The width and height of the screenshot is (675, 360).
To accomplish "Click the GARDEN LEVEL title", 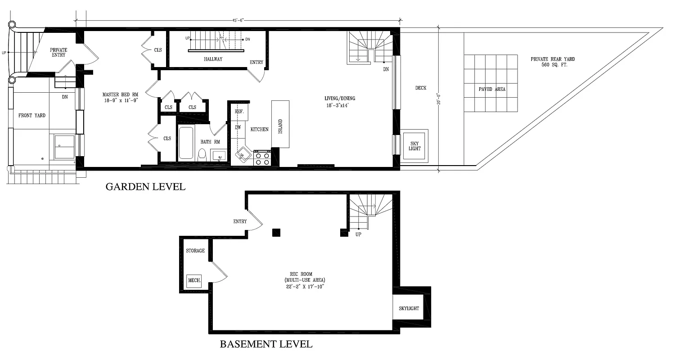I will [x=145, y=186].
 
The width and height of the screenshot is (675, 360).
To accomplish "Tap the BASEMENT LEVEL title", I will [x=266, y=344].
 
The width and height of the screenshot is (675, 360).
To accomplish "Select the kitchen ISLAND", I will [x=280, y=124].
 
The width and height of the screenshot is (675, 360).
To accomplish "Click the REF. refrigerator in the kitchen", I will [x=238, y=111].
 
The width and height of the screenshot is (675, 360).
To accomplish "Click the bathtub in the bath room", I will [x=186, y=143].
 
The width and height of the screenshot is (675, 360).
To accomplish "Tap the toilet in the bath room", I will [x=202, y=155].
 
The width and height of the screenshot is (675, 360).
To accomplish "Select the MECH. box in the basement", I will [x=194, y=281].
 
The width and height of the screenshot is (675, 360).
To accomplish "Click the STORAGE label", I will [x=195, y=251].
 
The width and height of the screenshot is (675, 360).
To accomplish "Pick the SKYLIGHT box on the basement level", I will [x=409, y=308].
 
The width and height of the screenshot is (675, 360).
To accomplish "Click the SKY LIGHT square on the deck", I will [x=414, y=146].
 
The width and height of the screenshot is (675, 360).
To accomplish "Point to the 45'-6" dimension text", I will [x=238, y=20].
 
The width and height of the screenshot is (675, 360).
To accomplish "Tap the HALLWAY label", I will [x=213, y=59].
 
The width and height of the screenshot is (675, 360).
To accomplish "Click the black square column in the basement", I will [x=276, y=232].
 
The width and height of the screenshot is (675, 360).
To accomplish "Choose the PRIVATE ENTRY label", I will [x=58, y=52].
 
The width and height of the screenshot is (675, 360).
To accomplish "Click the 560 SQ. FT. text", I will [x=553, y=65].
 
